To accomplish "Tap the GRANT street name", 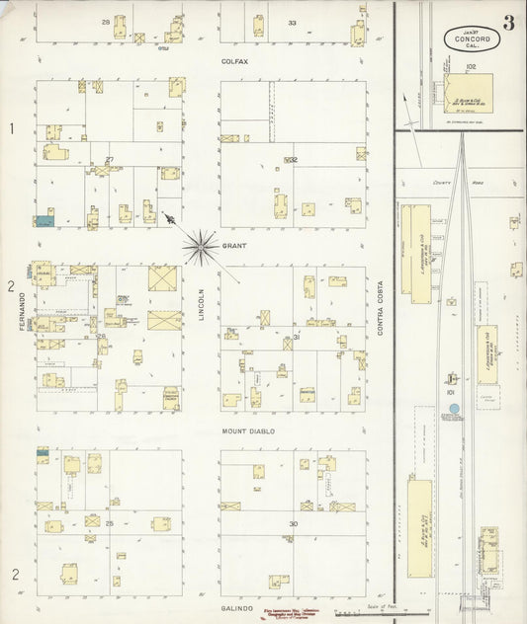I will pos(233,245).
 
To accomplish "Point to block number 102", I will pos(471,67).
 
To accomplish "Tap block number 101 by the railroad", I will pos(450,393).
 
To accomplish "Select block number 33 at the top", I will pos(292,22).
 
